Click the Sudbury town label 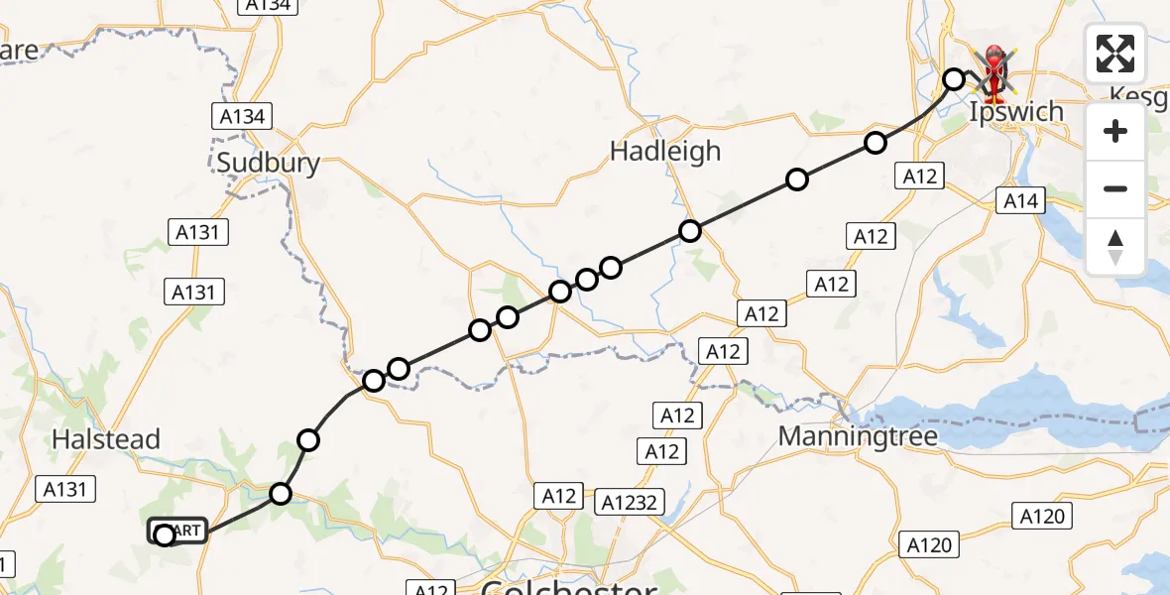pyautogui.click(x=269, y=163)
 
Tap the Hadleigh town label pyautogui.click(x=665, y=152)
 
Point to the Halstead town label pyautogui.click(x=106, y=439)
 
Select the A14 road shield pyautogui.click(x=1020, y=201)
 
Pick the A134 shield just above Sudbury pyautogui.click(x=242, y=117)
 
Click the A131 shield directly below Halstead pyautogui.click(x=66, y=488)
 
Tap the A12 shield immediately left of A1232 pyautogui.click(x=559, y=496)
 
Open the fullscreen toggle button pyautogui.click(x=1115, y=54)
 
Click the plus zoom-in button pyautogui.click(x=1115, y=131)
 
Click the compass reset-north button pyautogui.click(x=1115, y=247)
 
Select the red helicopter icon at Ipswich pyautogui.click(x=994, y=71)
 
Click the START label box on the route pyautogui.click(x=179, y=532)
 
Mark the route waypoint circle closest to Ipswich pyautogui.click(x=954, y=79)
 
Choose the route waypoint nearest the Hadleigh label pyautogui.click(x=690, y=231)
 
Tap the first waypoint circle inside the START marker pyautogui.click(x=165, y=535)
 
